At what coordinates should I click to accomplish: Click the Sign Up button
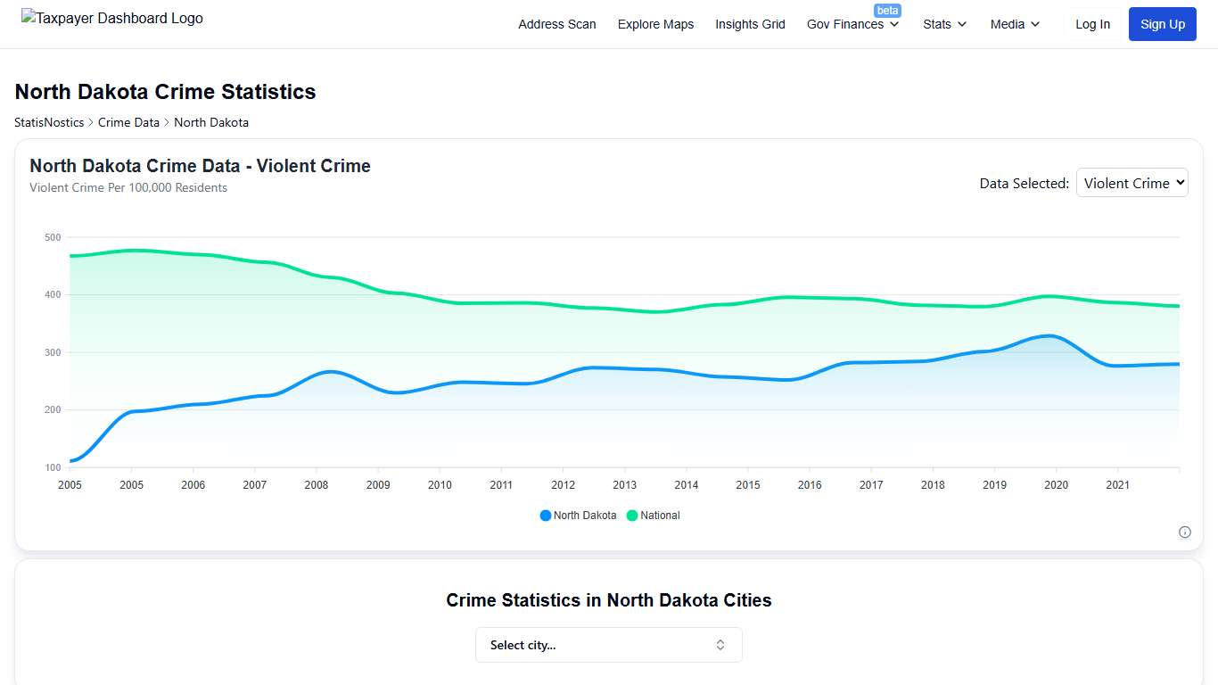pyautogui.click(x=1163, y=24)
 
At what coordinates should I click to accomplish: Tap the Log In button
pyautogui.click(x=1092, y=24)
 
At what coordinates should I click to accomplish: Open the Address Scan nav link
pyautogui.click(x=557, y=24)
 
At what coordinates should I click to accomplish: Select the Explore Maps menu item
pyautogui.click(x=655, y=24)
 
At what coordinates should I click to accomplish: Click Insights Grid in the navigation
pyautogui.click(x=750, y=24)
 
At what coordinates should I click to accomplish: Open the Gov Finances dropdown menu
pyautogui.click(x=852, y=24)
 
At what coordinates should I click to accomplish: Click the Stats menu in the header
pyautogui.click(x=944, y=24)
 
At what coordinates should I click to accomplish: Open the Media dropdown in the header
pyautogui.click(x=1015, y=24)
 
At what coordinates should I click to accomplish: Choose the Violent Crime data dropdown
pyautogui.click(x=1132, y=183)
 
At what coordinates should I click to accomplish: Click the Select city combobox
pyautogui.click(x=609, y=645)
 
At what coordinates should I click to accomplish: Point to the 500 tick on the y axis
pyautogui.click(x=52, y=237)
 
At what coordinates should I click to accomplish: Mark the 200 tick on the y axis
pyautogui.click(x=52, y=410)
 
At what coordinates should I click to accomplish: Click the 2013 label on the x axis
pyautogui.click(x=625, y=485)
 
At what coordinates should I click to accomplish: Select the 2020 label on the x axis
pyautogui.click(x=1056, y=485)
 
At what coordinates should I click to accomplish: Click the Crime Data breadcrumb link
pyautogui.click(x=128, y=122)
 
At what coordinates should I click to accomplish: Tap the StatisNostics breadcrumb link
pyautogui.click(x=49, y=122)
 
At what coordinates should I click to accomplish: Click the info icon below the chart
pyautogui.click(x=1185, y=532)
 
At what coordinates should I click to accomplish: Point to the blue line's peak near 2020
pyautogui.click(x=1053, y=336)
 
